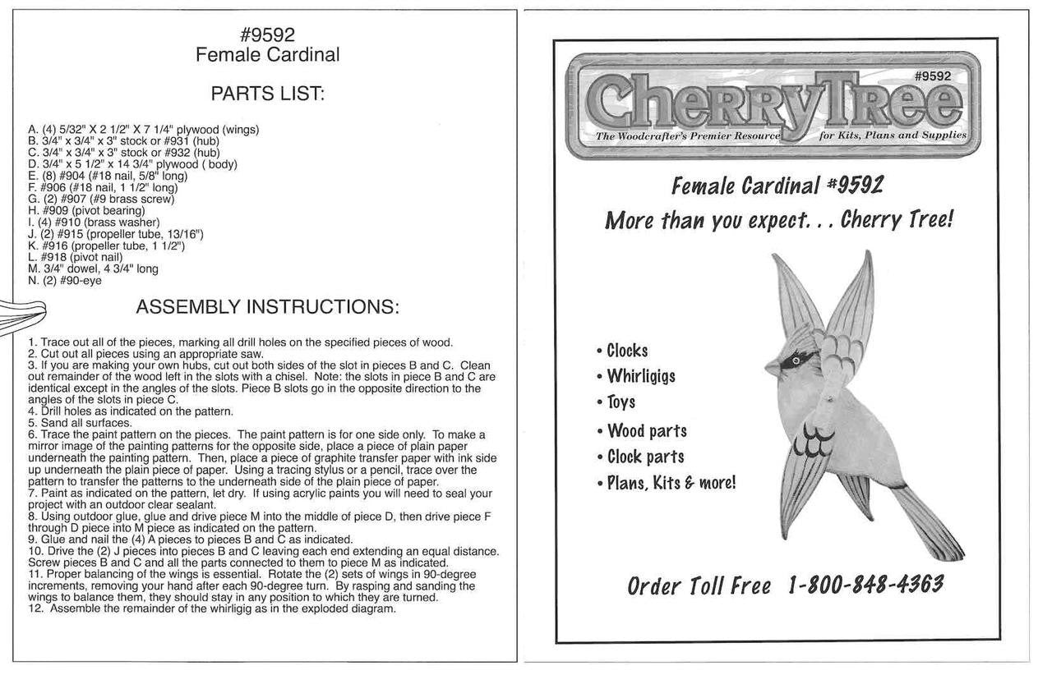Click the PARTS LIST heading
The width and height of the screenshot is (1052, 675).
coord(267,94)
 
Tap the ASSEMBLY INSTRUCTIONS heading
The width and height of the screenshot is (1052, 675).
coord(267,308)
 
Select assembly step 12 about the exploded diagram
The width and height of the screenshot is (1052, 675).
coord(212,609)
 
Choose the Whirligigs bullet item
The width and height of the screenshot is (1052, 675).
coord(640,376)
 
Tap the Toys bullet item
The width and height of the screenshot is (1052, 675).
coord(621,402)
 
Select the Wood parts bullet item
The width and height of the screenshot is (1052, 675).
coord(646,430)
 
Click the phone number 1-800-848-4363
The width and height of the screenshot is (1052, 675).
coord(865,585)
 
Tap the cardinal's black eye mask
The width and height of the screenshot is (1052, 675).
coord(796,360)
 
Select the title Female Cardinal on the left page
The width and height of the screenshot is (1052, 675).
coord(267,55)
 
